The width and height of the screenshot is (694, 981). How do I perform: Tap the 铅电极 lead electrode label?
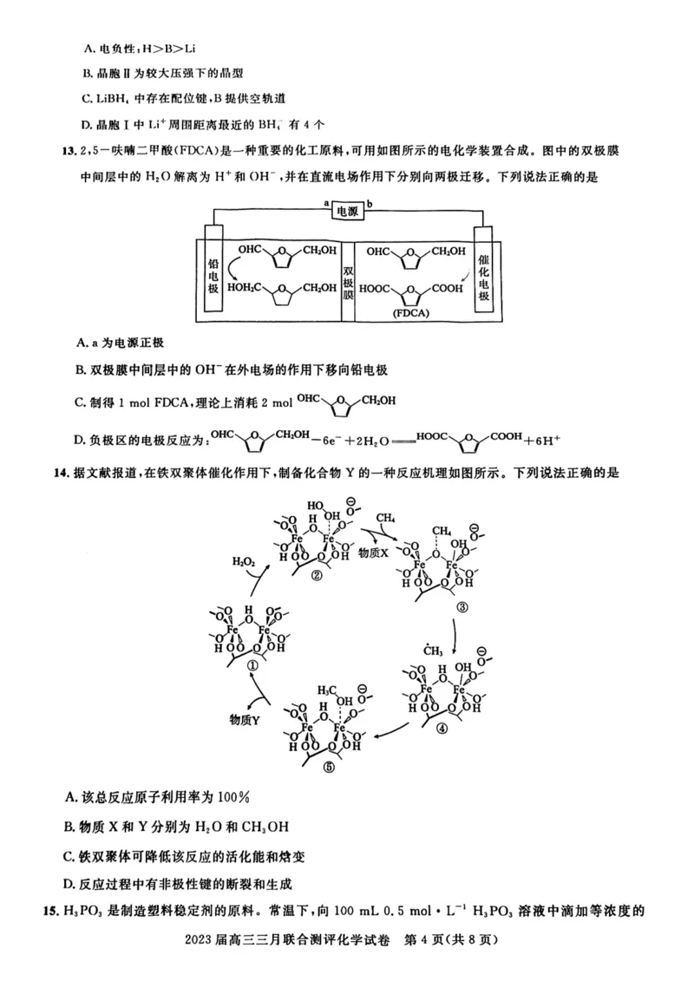(x=213, y=272)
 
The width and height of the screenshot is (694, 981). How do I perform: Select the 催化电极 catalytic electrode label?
(x=483, y=272)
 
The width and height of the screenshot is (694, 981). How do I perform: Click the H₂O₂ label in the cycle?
(x=244, y=562)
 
